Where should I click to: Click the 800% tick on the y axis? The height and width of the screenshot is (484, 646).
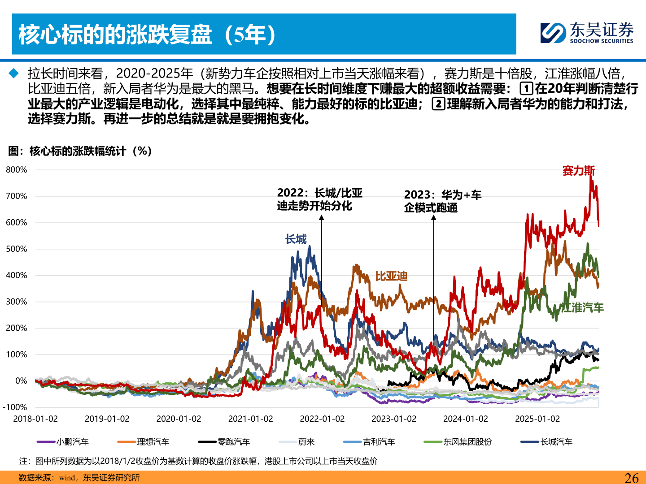click(17, 170)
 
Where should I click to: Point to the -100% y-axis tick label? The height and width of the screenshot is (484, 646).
click(15, 407)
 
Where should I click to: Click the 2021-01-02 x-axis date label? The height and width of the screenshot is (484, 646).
click(250, 419)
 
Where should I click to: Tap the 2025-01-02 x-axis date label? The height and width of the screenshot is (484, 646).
click(537, 419)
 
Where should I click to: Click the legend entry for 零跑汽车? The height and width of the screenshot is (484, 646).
click(224, 442)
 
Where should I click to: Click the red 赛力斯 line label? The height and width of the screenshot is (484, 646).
click(578, 171)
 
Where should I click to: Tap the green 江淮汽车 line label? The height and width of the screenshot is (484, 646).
click(582, 307)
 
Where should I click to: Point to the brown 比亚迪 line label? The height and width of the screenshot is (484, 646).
click(391, 276)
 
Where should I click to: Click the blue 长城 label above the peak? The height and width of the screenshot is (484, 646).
click(296, 239)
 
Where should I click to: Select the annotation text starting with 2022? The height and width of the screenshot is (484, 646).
click(319, 199)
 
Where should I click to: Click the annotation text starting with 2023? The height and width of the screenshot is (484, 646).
click(442, 201)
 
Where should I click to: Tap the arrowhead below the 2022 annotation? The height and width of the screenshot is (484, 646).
click(321, 218)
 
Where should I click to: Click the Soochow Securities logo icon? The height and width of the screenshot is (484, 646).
click(553, 33)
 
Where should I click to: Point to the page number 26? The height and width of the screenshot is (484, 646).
click(631, 478)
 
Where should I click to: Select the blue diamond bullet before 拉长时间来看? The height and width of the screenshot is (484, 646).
click(14, 73)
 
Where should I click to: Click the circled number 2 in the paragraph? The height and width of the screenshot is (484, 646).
click(438, 104)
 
